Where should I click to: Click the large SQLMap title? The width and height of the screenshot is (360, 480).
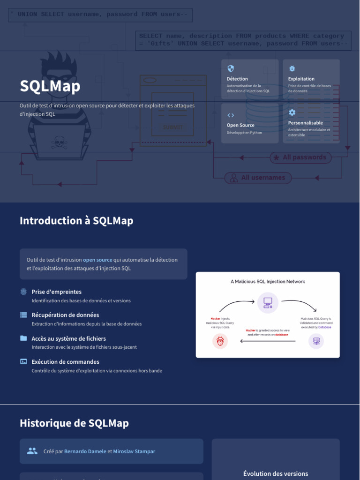click(x=50, y=86)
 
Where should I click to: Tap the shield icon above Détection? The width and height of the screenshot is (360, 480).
click(x=230, y=68)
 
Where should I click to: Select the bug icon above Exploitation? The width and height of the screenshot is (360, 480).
click(x=292, y=68)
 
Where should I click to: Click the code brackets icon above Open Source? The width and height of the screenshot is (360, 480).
click(x=231, y=115)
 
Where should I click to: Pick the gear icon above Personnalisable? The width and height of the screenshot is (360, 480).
click(x=292, y=112)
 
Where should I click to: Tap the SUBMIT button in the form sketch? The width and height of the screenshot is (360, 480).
click(x=172, y=127)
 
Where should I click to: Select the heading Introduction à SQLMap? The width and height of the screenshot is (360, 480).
click(x=76, y=221)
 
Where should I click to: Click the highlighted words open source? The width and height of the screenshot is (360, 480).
click(x=97, y=260)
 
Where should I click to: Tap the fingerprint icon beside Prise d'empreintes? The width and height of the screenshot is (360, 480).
click(x=23, y=292)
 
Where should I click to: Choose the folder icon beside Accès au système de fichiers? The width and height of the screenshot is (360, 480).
click(x=23, y=338)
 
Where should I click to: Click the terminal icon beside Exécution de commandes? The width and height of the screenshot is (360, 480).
click(x=23, y=361)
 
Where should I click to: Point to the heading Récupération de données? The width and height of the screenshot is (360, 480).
click(x=65, y=315)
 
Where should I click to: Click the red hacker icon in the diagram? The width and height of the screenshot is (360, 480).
click(x=220, y=341)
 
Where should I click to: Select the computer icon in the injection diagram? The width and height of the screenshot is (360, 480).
click(x=268, y=302)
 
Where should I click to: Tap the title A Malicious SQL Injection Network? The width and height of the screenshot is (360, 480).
click(x=268, y=282)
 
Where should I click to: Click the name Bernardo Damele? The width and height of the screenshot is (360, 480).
click(x=85, y=451)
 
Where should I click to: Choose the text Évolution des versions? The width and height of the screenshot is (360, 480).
click(x=276, y=474)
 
